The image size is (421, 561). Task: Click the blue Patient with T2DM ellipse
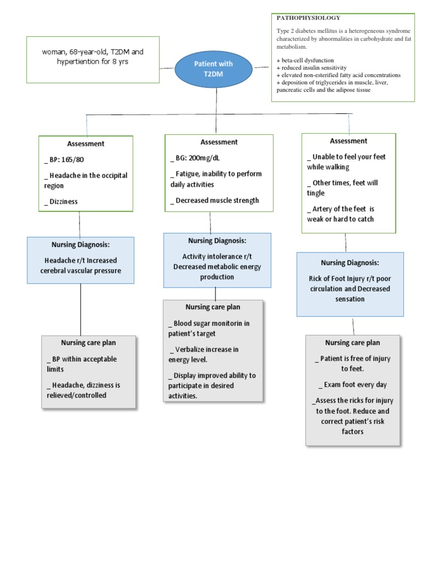[214, 69]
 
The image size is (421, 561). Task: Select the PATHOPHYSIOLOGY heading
[308, 18]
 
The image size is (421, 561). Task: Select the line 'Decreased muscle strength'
[217, 201]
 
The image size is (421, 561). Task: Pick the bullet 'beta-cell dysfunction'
[305, 60]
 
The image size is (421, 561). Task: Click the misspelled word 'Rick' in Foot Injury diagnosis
[317, 278]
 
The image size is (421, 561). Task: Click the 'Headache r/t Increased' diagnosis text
[81, 260]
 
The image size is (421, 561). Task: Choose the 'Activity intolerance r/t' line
[217, 256]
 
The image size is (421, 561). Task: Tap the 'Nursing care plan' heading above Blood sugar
[213, 307]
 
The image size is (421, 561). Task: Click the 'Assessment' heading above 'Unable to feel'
[349, 141]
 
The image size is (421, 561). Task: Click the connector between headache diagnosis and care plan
[81, 310]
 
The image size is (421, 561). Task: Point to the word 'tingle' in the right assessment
[316, 193]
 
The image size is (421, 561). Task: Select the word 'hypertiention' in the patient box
[79, 62]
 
